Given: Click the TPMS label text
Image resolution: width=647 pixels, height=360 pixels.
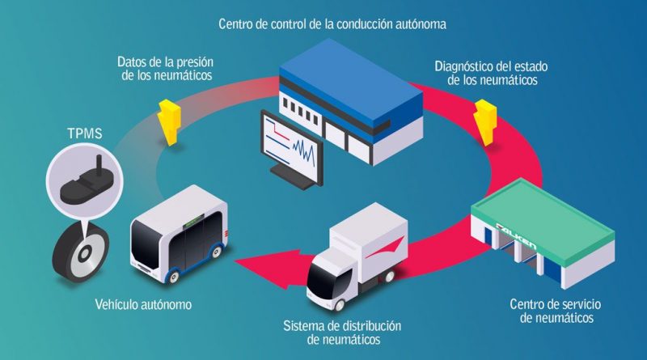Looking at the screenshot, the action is point(85,133).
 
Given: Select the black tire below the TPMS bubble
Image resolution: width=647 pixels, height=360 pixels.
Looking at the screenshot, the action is point(80,252).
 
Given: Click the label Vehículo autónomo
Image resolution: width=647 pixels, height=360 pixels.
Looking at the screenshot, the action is point(143,305).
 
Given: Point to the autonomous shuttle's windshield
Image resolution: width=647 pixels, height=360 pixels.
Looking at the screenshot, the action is point(146,244).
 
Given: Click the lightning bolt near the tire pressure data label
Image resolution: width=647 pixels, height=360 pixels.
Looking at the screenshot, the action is point(169,122).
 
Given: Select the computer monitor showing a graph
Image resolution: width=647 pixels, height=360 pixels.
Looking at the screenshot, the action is point(291,150).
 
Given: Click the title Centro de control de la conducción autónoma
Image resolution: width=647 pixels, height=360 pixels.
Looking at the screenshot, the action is point(332,24).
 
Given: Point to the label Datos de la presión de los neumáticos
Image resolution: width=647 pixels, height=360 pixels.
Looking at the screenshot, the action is point(166,69).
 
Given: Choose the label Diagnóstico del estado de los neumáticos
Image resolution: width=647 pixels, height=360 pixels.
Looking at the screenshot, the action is point(492,73).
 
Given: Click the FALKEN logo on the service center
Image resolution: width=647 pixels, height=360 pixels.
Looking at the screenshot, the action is point(516,236).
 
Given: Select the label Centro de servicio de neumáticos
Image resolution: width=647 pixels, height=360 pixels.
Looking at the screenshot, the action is point(556,311).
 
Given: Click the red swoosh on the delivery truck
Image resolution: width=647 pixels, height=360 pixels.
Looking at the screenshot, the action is point(385,247).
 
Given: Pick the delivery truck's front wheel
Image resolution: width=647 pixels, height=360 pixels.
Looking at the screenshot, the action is point(339,305).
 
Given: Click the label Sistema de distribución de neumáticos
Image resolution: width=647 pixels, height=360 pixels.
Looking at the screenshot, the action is point(342,332).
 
